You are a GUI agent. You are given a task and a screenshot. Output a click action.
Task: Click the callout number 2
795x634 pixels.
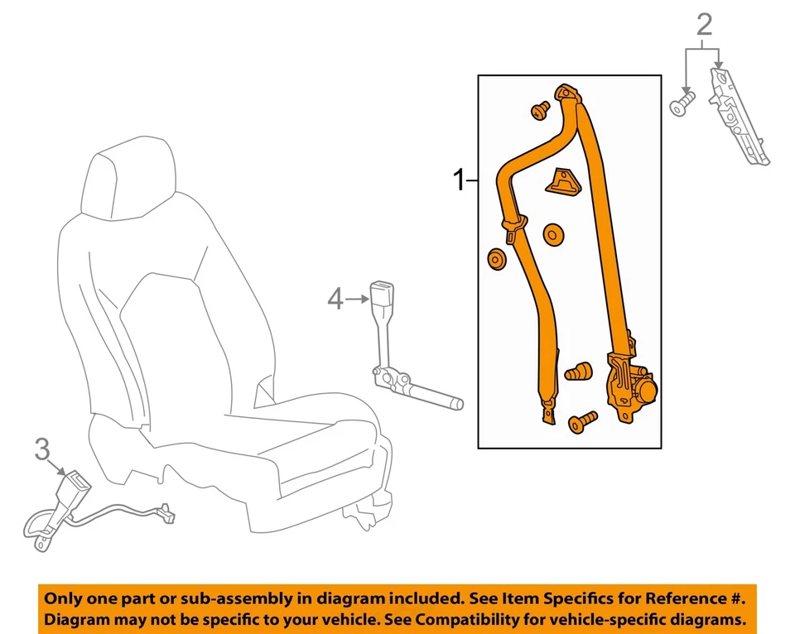(704, 25)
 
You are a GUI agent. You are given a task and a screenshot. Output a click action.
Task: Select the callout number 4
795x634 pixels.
(335, 298)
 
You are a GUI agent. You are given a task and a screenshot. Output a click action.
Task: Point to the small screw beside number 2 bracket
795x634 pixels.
(681, 106)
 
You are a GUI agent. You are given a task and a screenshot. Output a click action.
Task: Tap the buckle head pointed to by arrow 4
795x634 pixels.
(384, 295)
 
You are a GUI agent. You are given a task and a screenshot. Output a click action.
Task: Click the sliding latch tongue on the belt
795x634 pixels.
(513, 227)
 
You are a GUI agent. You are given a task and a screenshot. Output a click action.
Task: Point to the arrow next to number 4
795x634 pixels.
(358, 298)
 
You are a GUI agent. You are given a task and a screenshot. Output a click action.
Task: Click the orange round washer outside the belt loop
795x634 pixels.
(496, 260)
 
